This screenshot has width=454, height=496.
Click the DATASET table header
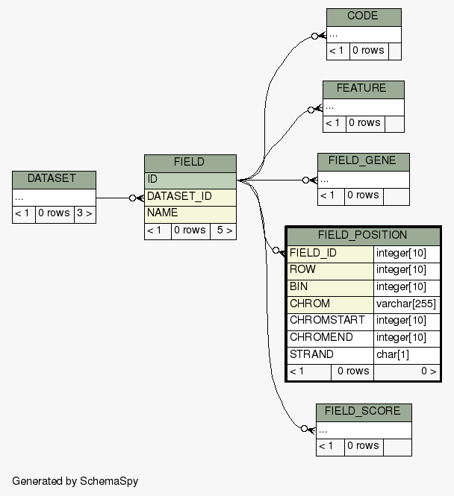[54, 179]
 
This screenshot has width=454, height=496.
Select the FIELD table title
[190, 163]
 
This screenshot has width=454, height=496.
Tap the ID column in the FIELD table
[190, 180]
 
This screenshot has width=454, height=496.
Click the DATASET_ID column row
[190, 197]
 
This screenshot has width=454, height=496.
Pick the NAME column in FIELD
[190, 213]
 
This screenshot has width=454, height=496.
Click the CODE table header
[363, 16]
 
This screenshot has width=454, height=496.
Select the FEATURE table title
[363, 89]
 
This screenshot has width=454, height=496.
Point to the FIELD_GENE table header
[363, 161]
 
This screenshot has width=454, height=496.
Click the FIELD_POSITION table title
[363, 236]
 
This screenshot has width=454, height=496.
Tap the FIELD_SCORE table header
[363, 412]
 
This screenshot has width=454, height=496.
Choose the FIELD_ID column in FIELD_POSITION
[330, 254]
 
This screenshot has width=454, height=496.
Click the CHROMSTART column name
[330, 321]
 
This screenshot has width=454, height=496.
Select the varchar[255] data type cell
[405, 304]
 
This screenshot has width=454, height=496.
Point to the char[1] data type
[405, 355]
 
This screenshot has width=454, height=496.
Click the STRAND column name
[330, 355]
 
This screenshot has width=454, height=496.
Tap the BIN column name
[330, 287]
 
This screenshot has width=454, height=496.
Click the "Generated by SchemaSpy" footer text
[75, 481]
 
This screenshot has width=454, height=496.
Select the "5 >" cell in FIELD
[223, 230]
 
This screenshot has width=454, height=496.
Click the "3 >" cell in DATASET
[84, 213]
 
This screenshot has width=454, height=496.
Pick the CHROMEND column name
[330, 338]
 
